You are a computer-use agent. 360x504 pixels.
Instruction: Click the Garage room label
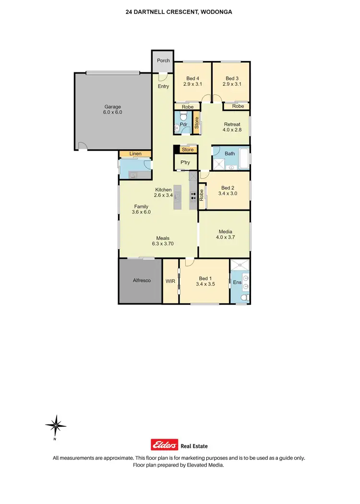point(112,107)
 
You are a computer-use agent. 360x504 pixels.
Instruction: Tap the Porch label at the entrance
point(163,60)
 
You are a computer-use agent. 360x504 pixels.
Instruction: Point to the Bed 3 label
point(232,78)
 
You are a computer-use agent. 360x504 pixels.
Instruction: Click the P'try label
point(185,163)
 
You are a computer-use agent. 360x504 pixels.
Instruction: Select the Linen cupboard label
point(135,154)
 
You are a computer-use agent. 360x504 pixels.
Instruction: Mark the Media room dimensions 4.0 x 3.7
point(225,237)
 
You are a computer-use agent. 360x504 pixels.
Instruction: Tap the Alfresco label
point(142,281)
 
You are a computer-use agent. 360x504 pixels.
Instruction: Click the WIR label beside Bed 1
point(170,281)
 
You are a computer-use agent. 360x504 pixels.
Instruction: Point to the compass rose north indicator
point(56,425)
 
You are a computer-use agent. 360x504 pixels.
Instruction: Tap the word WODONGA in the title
point(216,12)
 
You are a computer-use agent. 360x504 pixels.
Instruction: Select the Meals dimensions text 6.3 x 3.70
point(164,244)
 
